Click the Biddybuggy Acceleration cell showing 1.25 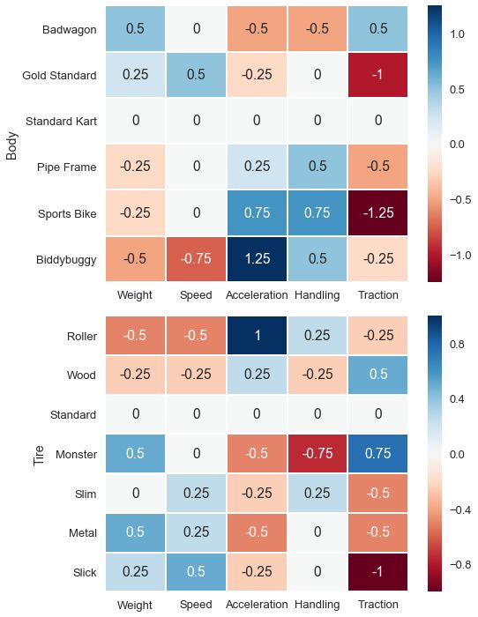click(x=257, y=259)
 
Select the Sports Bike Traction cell click(x=378, y=213)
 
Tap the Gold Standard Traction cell click(x=378, y=74)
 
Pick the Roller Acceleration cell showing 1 click(x=257, y=335)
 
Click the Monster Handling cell click(x=317, y=453)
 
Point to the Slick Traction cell click(x=378, y=572)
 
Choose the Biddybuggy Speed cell click(x=196, y=259)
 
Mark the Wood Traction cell click(x=378, y=375)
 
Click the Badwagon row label click(x=70, y=29)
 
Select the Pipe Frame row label click(x=66, y=167)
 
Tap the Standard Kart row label click(x=61, y=122)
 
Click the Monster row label click(x=77, y=455)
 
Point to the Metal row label click(x=83, y=533)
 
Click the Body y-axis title click(x=11, y=145)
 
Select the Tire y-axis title click(x=39, y=456)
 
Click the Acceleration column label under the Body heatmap click(x=257, y=295)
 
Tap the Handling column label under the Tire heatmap click(x=317, y=605)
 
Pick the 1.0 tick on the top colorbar click(x=457, y=34)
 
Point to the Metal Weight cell click(x=135, y=532)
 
